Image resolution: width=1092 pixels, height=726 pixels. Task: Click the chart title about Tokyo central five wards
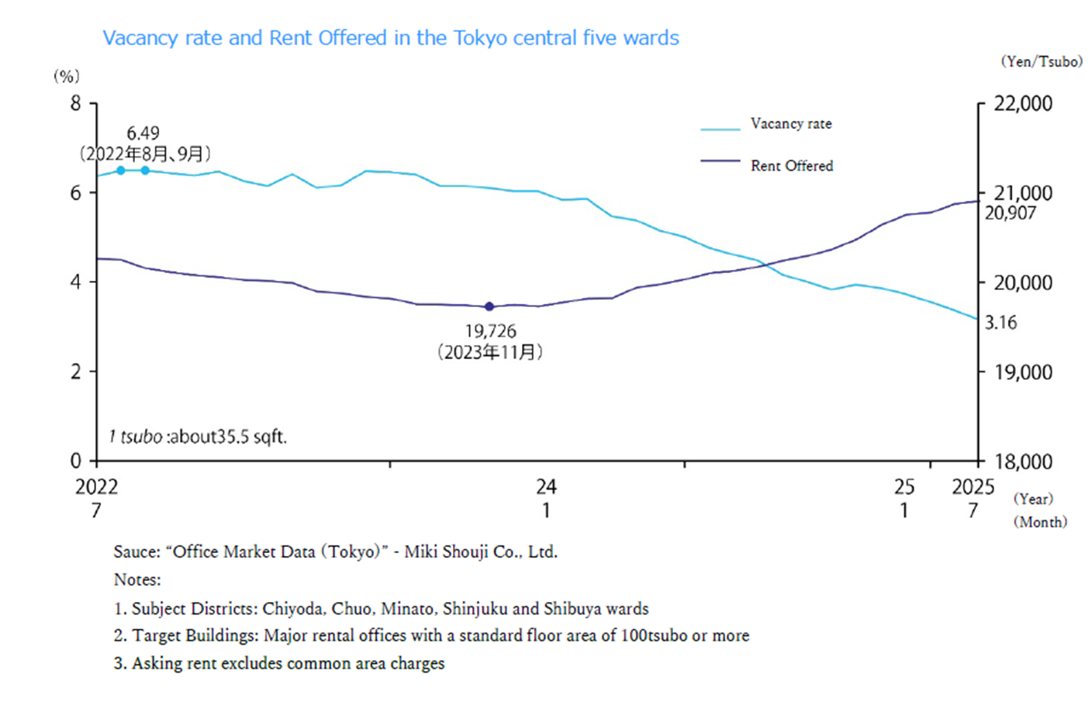[391, 38]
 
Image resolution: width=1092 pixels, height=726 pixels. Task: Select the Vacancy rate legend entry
[790, 124]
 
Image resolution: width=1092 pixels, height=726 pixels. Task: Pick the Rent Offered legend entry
[791, 166]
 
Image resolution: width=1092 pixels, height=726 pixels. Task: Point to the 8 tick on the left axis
[75, 103]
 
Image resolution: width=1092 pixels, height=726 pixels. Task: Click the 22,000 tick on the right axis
[1023, 104]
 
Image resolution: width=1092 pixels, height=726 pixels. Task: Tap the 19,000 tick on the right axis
[1023, 372]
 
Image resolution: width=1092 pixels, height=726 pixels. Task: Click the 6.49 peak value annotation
[143, 133]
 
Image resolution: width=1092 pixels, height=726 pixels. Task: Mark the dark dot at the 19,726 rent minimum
[489, 306]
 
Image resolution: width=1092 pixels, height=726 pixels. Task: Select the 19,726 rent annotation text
[490, 331]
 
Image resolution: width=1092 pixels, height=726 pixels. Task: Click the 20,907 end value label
[1010, 213]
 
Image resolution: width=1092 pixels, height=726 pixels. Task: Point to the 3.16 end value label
[1000, 323]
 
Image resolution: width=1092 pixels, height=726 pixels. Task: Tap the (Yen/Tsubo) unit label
[1041, 62]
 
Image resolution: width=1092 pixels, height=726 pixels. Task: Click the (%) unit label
[66, 76]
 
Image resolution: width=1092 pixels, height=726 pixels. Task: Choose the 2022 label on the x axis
[96, 487]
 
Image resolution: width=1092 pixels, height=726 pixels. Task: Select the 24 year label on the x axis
[546, 487]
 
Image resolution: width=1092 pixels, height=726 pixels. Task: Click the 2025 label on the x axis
[973, 487]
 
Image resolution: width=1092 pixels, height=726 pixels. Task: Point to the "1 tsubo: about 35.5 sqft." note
[198, 437]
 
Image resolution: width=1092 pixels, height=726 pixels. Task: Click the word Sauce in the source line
[136, 552]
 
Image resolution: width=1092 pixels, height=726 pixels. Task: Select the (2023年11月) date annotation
[490, 353]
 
